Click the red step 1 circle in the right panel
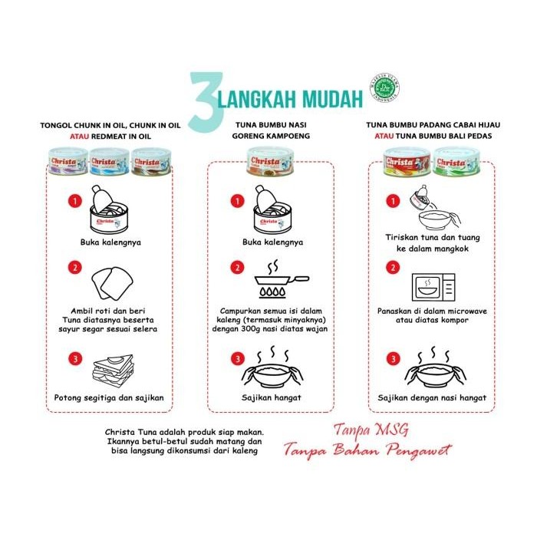click(394, 200)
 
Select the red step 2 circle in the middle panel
click(236, 268)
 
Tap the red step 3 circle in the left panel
click(74, 358)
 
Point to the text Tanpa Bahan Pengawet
click(367, 450)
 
